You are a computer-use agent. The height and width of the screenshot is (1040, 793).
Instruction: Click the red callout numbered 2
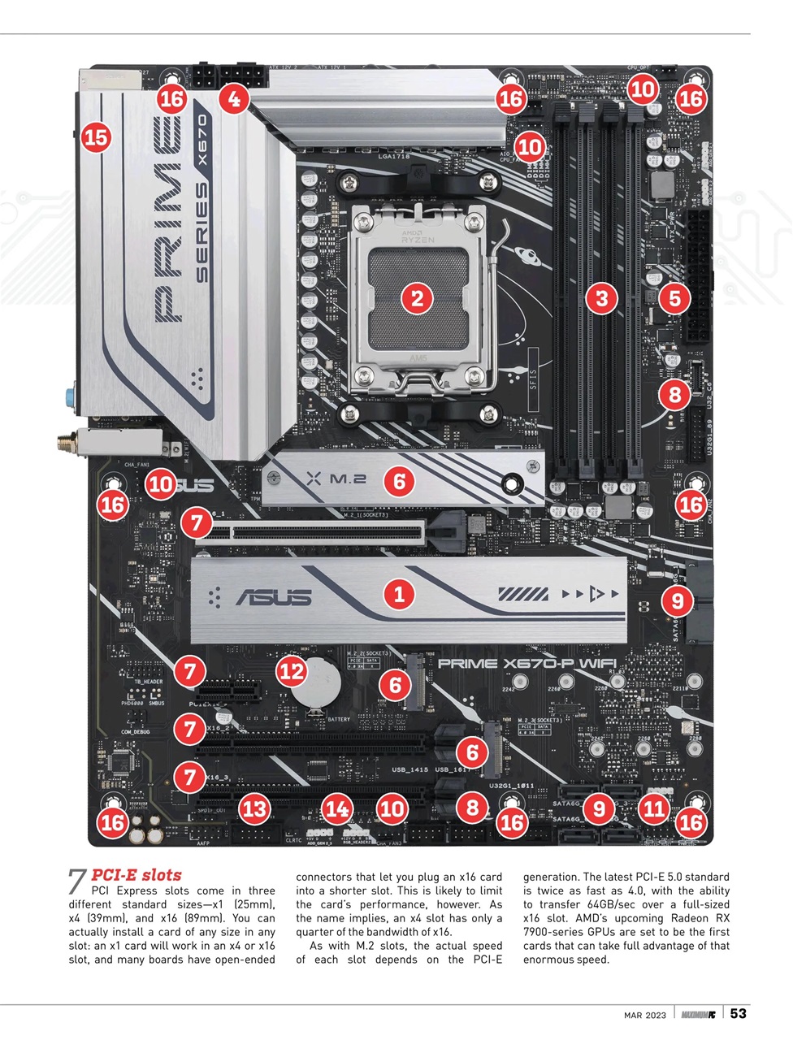(417, 297)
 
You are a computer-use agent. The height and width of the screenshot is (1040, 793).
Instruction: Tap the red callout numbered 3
(601, 297)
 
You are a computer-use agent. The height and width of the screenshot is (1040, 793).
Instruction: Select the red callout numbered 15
(96, 136)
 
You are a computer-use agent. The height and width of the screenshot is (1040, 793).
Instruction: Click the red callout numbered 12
(292, 671)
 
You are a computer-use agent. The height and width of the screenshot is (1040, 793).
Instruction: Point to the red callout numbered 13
(254, 808)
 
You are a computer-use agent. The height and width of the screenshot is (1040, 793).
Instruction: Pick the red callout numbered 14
(337, 808)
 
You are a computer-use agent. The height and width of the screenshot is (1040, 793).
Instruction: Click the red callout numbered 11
(653, 808)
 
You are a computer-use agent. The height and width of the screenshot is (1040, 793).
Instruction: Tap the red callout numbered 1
(398, 593)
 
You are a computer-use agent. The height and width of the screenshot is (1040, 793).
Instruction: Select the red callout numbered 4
(234, 99)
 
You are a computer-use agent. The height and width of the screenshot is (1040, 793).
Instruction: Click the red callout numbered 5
(674, 297)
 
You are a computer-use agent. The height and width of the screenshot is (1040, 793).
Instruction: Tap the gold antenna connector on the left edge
(63, 444)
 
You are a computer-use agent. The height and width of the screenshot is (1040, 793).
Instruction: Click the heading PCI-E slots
(136, 875)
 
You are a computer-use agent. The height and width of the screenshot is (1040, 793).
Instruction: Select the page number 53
(738, 1013)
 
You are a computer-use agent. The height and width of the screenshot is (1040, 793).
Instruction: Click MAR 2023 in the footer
(645, 1015)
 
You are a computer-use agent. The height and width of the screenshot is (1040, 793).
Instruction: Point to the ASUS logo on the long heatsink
(274, 598)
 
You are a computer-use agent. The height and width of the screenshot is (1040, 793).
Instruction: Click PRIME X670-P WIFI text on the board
(526, 664)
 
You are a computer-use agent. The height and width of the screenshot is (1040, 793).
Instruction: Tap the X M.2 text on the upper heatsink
(336, 479)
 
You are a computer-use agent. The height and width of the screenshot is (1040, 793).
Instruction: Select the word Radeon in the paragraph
(689, 918)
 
